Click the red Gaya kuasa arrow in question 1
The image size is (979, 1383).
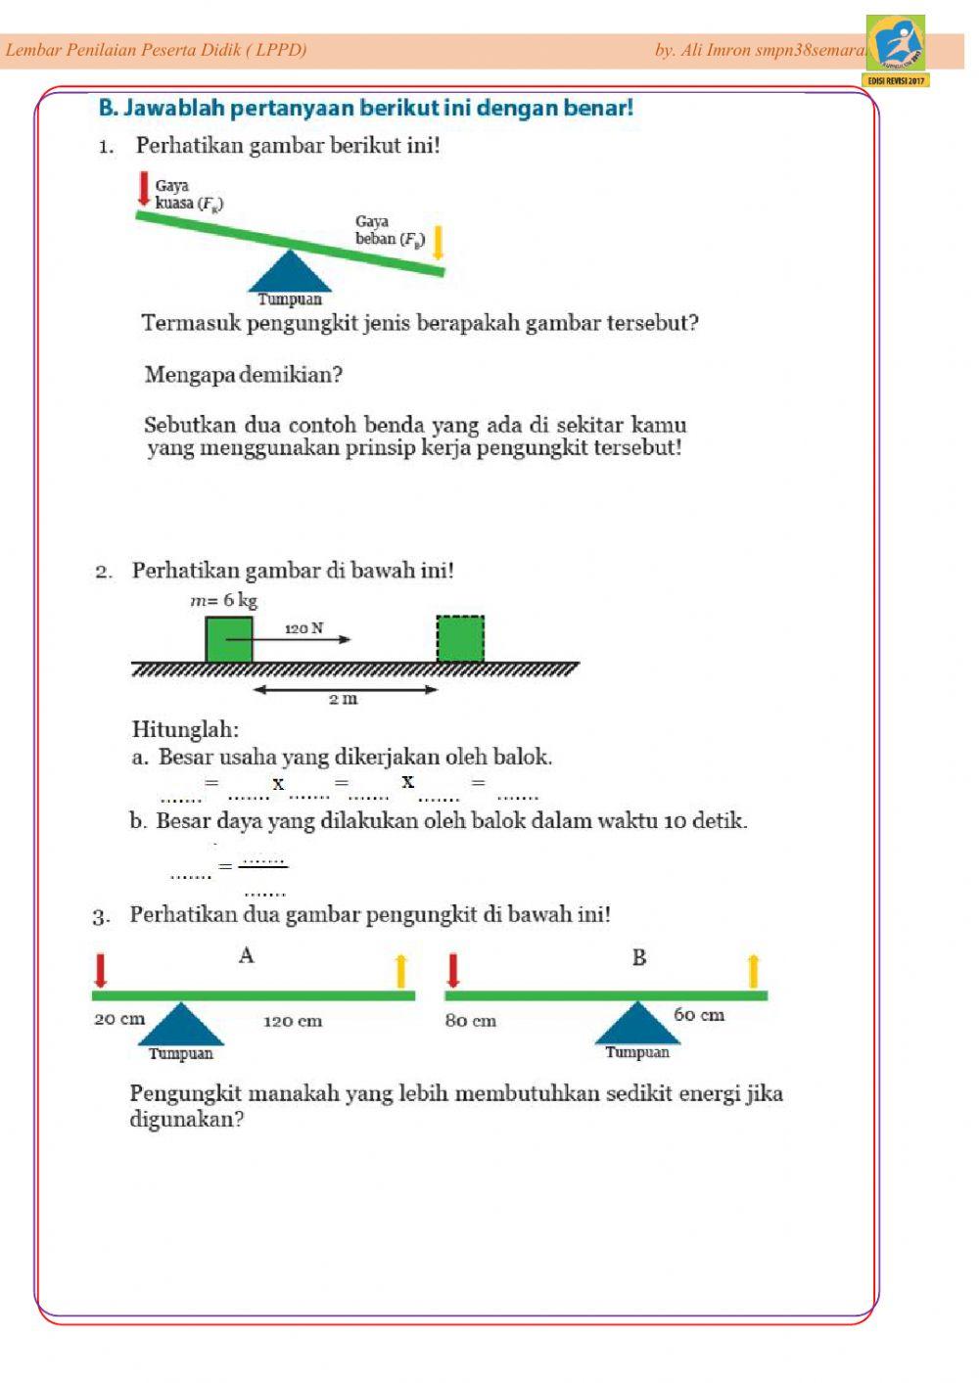pos(144,189)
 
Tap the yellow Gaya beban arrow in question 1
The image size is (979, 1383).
pos(438,243)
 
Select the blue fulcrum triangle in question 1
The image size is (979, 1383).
pos(290,272)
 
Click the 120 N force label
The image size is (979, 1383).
pos(303,627)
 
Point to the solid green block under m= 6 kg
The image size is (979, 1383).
pos(229,639)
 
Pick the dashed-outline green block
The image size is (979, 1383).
pos(460,639)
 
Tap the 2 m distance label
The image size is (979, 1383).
pos(343,699)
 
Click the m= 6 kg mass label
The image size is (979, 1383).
pos(224,600)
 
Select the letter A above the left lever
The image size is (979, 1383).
pos(247,955)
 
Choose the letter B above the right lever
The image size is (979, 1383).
pos(639,957)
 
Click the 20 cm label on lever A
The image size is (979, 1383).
pos(119,1019)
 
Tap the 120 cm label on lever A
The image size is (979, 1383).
pos(293,1021)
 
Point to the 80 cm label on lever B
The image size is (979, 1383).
pos(471,1021)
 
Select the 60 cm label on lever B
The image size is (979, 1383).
pos(699,1015)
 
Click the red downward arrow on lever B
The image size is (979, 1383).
pos(452,970)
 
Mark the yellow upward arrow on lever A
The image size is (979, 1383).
pos(400,971)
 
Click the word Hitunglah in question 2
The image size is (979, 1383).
pos(185,729)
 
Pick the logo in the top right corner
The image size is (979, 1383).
pos(896,46)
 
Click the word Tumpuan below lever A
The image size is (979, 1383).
pos(181,1053)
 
